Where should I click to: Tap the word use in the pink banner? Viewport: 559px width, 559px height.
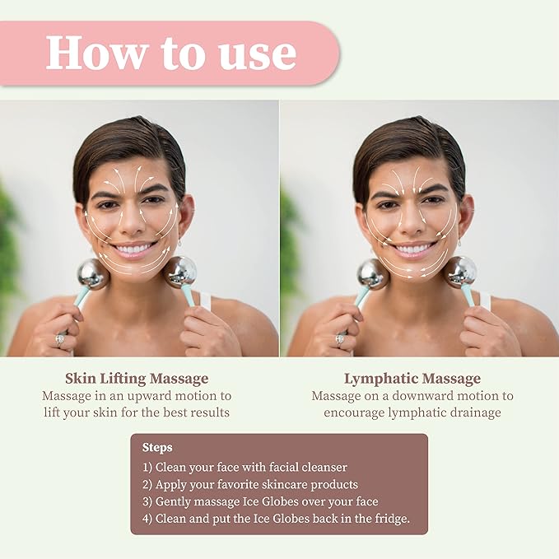click(x=255, y=54)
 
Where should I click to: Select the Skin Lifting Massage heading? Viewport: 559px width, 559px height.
click(x=137, y=379)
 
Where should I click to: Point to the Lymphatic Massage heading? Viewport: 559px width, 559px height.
click(x=412, y=379)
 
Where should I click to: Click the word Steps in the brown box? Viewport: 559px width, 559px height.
click(x=157, y=447)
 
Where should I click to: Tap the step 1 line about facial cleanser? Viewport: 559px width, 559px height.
click(x=245, y=467)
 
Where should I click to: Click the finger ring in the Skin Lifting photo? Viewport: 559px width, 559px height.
click(x=58, y=338)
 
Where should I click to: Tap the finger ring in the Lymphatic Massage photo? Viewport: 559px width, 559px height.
click(x=339, y=338)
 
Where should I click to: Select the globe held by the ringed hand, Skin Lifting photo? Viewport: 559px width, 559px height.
click(x=93, y=274)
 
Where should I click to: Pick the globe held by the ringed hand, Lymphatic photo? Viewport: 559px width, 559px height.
click(x=372, y=274)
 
